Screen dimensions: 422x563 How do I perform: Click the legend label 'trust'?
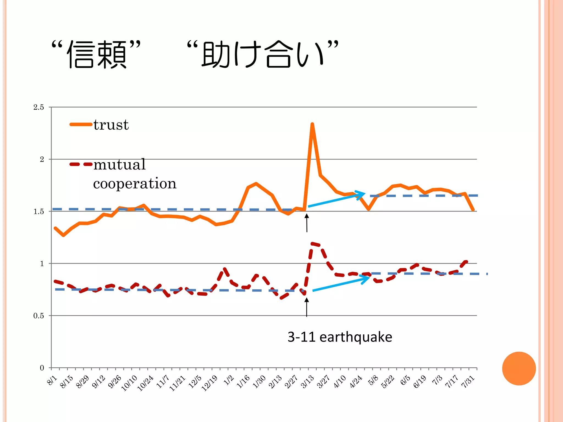[111, 125]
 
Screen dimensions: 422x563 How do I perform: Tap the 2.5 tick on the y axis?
[39, 107]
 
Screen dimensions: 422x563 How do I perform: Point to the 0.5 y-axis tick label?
[39, 316]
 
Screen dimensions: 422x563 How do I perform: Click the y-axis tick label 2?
[42, 160]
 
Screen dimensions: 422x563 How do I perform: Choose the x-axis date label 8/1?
[52, 381]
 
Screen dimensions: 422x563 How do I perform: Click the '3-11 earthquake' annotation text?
[340, 337]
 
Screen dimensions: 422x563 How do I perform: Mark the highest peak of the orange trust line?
[312, 124]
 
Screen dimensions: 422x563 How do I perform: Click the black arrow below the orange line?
[307, 223]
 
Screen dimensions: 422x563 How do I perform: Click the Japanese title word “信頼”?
[96, 54]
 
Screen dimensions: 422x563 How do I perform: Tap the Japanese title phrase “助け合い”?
[263, 54]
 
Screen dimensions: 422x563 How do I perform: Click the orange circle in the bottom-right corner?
[519, 368]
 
